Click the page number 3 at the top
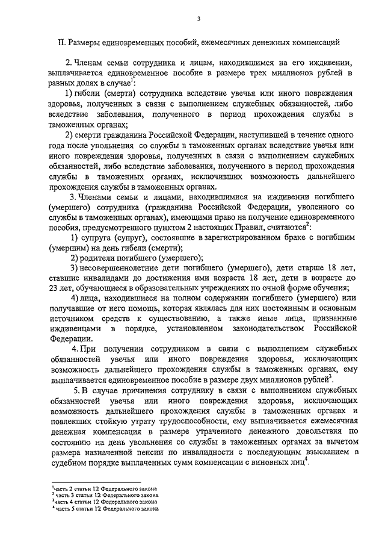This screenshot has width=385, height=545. coord(197,19)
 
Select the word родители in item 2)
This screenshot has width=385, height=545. coord(99,257)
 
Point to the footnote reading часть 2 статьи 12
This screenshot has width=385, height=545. coord(106,488)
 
